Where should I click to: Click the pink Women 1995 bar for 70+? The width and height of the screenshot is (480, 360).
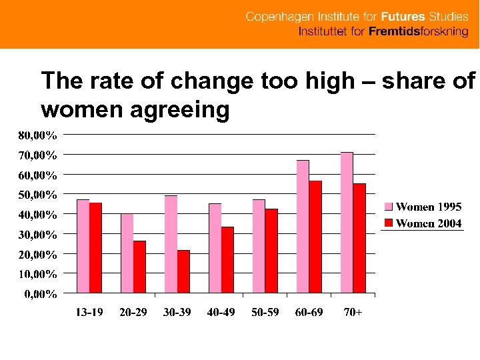click(347, 223)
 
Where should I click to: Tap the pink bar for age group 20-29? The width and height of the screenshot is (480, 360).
click(127, 253)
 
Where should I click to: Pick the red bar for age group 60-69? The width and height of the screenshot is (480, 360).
click(315, 237)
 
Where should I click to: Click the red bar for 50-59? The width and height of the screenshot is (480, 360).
click(271, 251)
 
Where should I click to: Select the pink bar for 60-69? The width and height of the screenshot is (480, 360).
click(303, 227)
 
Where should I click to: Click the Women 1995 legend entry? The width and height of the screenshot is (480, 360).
click(423, 207)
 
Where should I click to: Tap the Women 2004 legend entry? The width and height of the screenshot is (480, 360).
click(423, 223)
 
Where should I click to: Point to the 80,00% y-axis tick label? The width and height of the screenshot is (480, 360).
click(37, 135)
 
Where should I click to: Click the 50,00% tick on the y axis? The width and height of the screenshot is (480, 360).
click(37, 195)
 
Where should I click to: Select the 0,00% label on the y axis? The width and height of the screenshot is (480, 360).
click(41, 294)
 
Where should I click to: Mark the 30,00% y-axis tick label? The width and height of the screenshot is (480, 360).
click(37, 235)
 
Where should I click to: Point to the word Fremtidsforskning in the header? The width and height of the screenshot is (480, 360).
click(419, 31)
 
